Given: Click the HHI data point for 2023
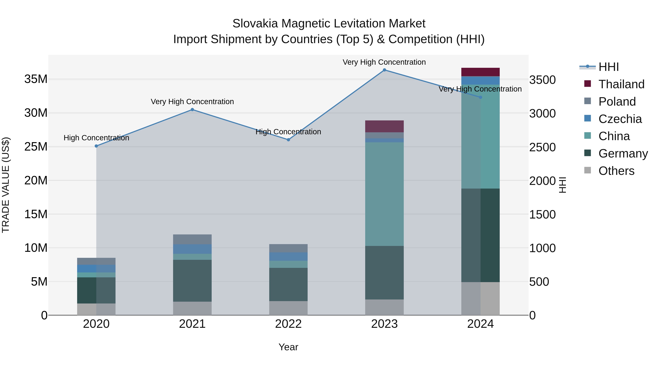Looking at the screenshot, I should tap(384, 70).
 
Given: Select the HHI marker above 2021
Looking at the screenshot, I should tap(192, 110).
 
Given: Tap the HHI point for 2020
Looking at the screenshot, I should tap(96, 146).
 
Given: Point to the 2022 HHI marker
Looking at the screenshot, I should tap(288, 140).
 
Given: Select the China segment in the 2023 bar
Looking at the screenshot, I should tap(384, 194).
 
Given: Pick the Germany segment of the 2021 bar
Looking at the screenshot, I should tap(192, 281).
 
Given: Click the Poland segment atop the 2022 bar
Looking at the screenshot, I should tap(288, 248).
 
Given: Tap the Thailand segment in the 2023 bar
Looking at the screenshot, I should tap(384, 126).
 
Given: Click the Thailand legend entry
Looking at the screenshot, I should tap(621, 84).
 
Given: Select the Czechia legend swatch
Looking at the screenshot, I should tap(587, 118).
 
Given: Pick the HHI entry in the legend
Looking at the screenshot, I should tap(608, 67).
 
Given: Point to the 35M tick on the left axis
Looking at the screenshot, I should tap(36, 79).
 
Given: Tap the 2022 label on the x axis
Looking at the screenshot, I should tap(288, 324).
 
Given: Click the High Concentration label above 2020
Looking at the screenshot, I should tap(96, 138).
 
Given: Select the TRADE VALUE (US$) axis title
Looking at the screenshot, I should tap(6, 185).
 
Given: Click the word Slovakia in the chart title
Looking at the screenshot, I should tap(255, 24).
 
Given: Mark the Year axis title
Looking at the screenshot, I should tap(288, 347).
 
